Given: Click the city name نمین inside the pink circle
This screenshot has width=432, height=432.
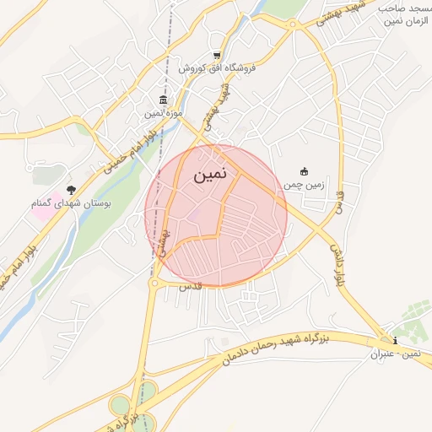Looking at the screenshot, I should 209,176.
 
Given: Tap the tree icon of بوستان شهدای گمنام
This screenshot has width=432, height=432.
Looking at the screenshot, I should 71,191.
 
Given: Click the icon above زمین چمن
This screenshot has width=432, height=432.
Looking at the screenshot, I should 305,171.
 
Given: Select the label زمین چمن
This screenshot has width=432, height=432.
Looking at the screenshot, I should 304,184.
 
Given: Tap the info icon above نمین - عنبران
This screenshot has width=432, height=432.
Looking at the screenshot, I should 397,341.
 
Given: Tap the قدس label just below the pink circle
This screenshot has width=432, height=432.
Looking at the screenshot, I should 186,287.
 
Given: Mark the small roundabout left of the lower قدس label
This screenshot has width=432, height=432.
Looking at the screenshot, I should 154,284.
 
